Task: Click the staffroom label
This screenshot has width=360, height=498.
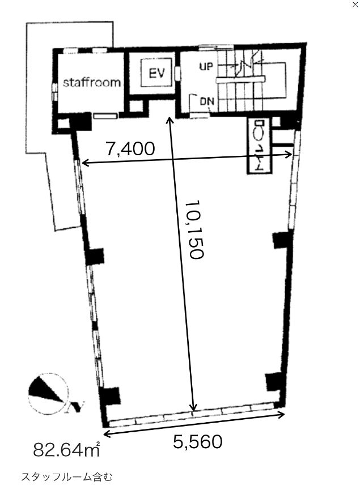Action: click(x=92, y=82)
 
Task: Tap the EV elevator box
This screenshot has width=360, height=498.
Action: click(x=157, y=73)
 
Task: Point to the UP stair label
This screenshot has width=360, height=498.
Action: click(x=206, y=66)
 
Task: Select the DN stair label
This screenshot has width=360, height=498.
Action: click(x=207, y=101)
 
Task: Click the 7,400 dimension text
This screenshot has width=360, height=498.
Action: click(x=130, y=148)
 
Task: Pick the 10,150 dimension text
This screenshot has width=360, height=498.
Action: click(x=194, y=229)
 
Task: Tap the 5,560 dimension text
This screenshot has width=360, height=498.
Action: click(x=198, y=442)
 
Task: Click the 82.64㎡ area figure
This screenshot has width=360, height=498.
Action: click(x=67, y=449)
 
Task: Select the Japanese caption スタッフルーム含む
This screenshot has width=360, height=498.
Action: click(x=67, y=477)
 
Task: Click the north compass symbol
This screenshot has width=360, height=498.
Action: click(x=48, y=393)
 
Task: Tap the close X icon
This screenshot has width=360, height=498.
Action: click(x=355, y=5)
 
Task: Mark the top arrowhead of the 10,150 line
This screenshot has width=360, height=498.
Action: click(x=170, y=120)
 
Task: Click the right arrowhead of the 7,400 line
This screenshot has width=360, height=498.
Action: click(x=289, y=155)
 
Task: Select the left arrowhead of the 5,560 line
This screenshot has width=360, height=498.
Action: click(x=107, y=433)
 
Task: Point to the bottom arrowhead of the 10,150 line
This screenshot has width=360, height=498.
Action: click(x=193, y=408)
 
